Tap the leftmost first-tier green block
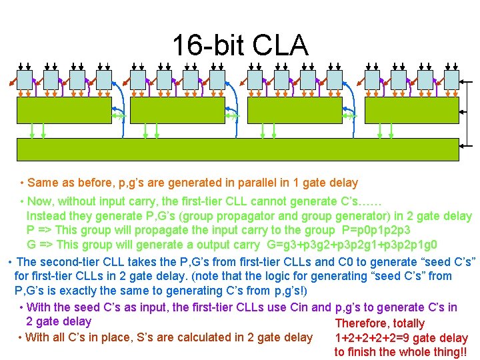click(64, 110)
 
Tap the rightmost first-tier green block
click(411, 110)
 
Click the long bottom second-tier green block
click(237, 149)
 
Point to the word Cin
click(321, 307)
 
